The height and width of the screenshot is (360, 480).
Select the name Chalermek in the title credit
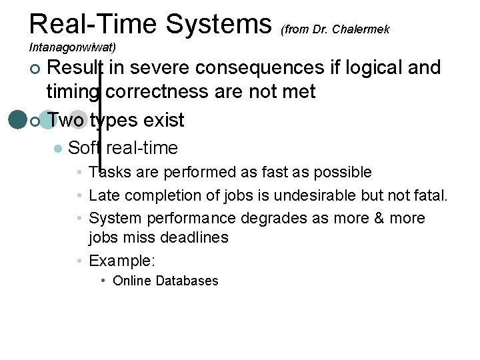pos(361,29)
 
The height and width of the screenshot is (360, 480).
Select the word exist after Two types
pos(159,121)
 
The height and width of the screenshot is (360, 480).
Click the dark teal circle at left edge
pos(17,119)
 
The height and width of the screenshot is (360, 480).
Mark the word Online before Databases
pos(132,281)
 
